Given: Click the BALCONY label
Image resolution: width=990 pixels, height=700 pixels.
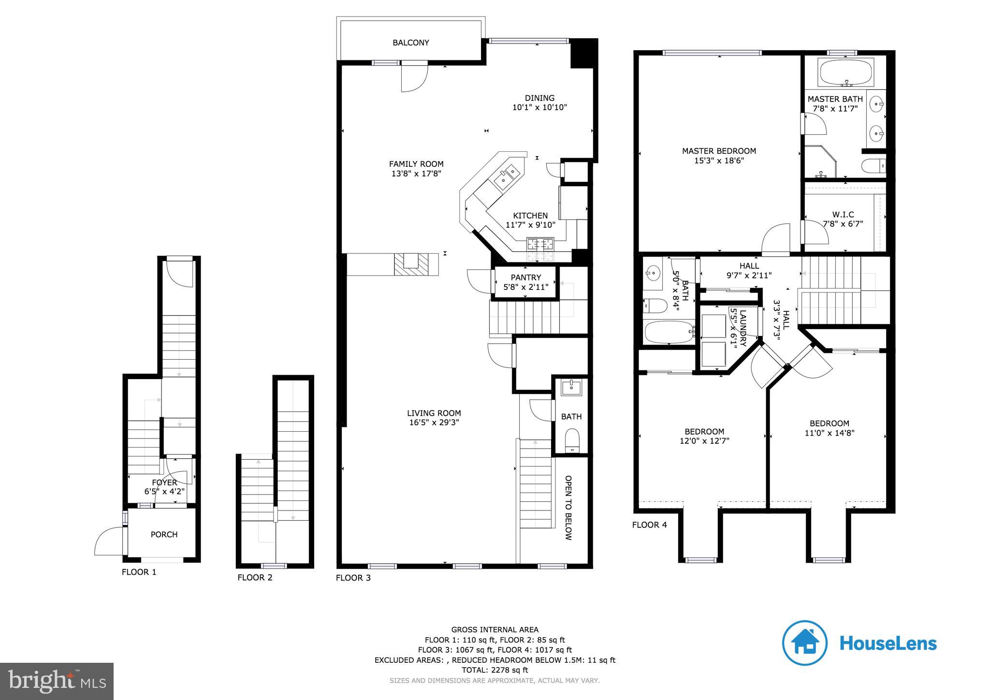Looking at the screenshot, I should pos(410,43).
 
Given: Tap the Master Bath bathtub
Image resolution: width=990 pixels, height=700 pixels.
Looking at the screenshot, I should pos(846,72).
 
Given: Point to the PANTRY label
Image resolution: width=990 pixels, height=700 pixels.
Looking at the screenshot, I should pos(525,277).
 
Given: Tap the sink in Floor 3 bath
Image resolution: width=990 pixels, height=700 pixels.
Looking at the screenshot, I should pos(571,387).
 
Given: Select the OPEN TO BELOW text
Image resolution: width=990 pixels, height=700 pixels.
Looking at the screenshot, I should pos(568,508).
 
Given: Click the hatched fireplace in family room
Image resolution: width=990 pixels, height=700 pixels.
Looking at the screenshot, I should pos(411,264).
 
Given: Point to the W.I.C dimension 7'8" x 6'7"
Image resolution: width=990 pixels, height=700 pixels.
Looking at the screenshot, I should pos(843,224).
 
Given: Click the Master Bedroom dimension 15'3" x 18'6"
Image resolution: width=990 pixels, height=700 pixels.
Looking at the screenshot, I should pos(719,160).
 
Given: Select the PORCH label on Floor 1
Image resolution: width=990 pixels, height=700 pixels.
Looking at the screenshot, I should pos(164,534).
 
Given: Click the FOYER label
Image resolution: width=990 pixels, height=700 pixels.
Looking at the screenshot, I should pos(164,482).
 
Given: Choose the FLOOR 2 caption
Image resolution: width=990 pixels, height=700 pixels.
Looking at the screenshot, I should pos(255,577).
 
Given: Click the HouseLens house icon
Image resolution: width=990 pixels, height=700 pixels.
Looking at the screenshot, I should pos(805,643).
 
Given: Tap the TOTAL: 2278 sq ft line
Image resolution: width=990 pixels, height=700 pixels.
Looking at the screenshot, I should pos(495,670).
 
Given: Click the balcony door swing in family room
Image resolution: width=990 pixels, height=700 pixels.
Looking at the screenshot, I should pos(414,77).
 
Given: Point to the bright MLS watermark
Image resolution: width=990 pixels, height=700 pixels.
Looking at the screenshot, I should pos(57,681).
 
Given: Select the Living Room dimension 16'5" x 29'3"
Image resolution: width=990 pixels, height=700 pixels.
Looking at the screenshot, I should pos(434,422).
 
